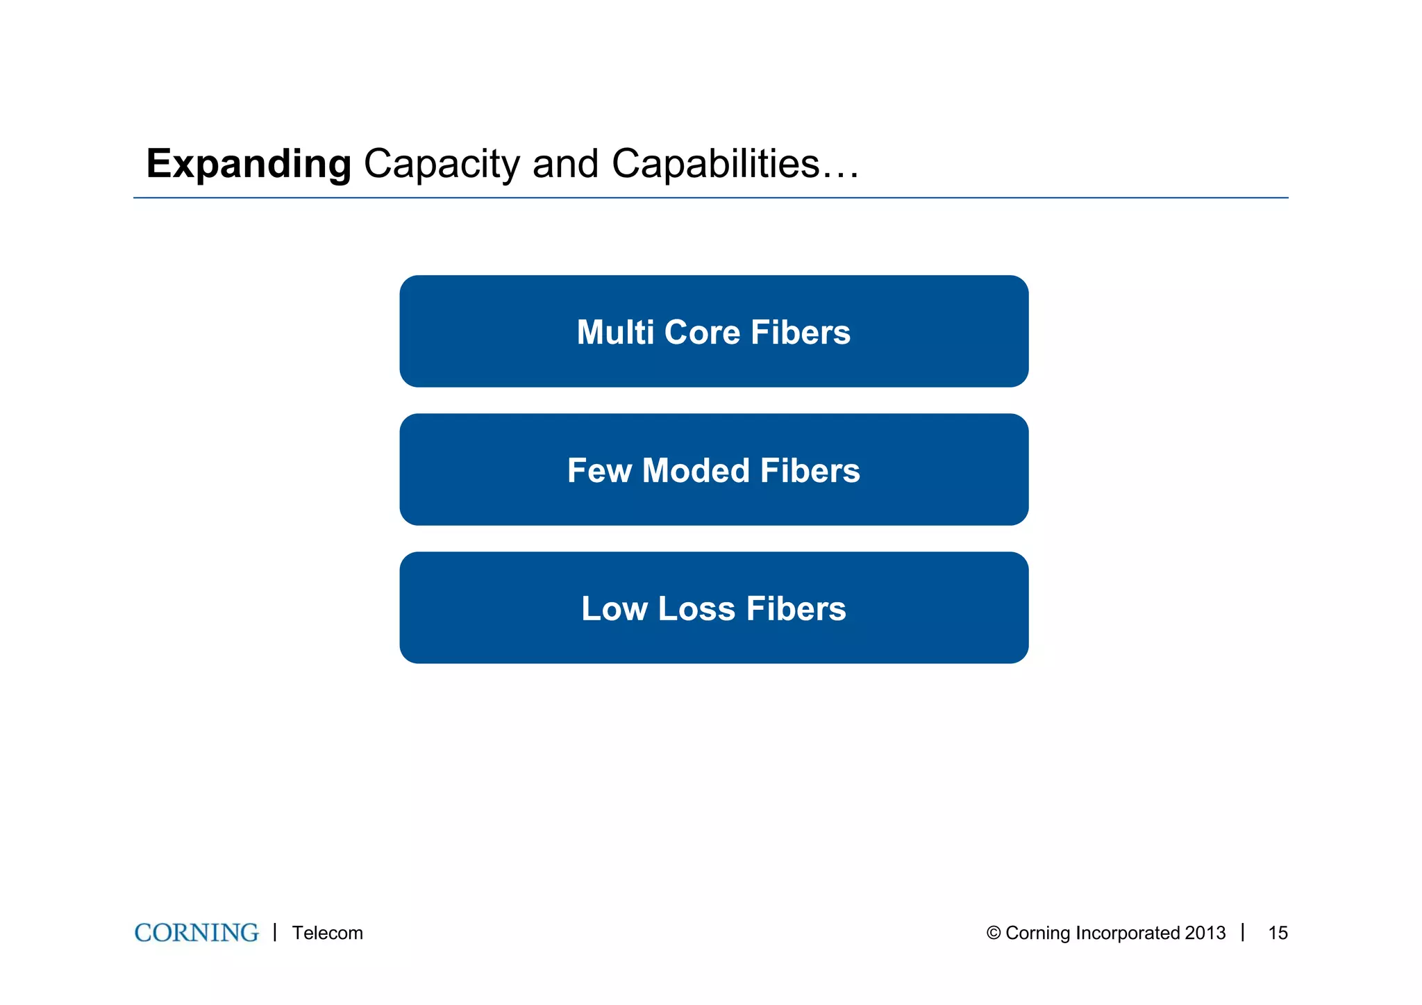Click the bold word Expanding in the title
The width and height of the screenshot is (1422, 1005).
[x=249, y=165]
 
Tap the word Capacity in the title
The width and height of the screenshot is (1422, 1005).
[x=442, y=165]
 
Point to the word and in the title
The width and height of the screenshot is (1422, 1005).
[x=565, y=164]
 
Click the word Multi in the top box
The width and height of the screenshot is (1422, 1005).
[x=615, y=332]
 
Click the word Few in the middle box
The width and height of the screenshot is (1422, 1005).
[x=599, y=470]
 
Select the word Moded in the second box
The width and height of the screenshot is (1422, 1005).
[x=696, y=470]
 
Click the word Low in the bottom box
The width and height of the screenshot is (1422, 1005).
[x=614, y=608]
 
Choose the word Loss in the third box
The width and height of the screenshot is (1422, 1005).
[x=696, y=608]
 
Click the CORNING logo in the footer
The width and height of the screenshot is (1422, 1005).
[x=196, y=933]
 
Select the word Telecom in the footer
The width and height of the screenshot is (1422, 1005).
[x=327, y=933]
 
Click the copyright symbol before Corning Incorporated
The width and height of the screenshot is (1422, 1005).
[x=993, y=933]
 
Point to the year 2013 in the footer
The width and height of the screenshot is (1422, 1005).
[x=1205, y=933]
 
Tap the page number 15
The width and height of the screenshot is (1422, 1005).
[x=1278, y=933]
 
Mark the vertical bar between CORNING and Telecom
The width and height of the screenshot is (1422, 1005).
[x=275, y=932]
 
